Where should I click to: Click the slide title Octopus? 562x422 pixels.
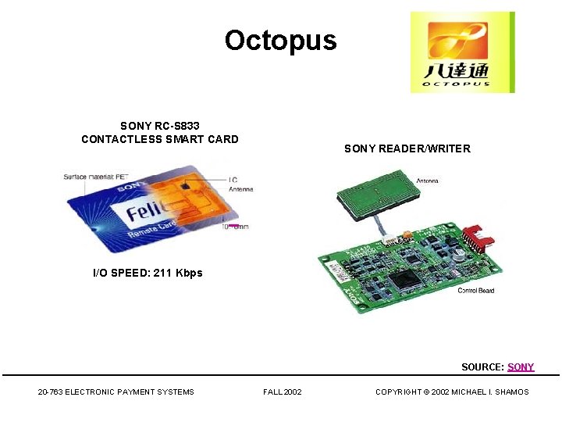coord(280,40)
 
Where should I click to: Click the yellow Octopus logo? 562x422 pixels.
coord(462,52)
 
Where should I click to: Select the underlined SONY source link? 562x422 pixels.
coord(521,367)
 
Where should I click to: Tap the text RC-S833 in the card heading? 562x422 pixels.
coord(181,126)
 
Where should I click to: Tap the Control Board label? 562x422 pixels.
coord(475,291)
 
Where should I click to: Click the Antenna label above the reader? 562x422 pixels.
coord(427,181)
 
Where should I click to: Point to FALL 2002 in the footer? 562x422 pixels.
coord(282,392)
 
